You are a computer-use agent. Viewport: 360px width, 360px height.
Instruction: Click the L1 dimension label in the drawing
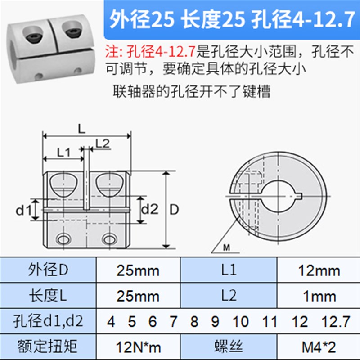click(63, 152)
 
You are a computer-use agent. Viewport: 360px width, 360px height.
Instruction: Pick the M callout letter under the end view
click(226, 247)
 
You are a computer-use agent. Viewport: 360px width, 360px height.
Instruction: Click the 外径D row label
click(49, 270)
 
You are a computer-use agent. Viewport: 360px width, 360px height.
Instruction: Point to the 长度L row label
click(49, 296)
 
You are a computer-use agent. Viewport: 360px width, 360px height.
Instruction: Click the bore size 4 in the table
click(111, 321)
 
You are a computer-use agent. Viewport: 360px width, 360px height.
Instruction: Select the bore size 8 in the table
click(194, 321)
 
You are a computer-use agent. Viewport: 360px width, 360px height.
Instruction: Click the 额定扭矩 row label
click(49, 346)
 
